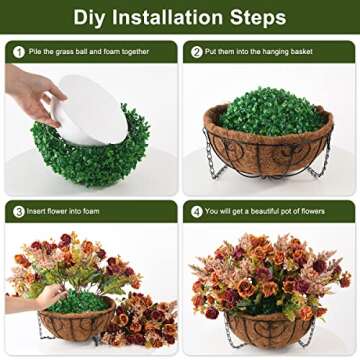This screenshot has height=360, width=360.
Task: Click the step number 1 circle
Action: click(19, 51)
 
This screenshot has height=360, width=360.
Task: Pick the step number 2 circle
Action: click(197, 51)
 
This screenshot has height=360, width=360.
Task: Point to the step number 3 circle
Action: click(19, 211)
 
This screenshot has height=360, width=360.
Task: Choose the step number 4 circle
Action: click(197, 211)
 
